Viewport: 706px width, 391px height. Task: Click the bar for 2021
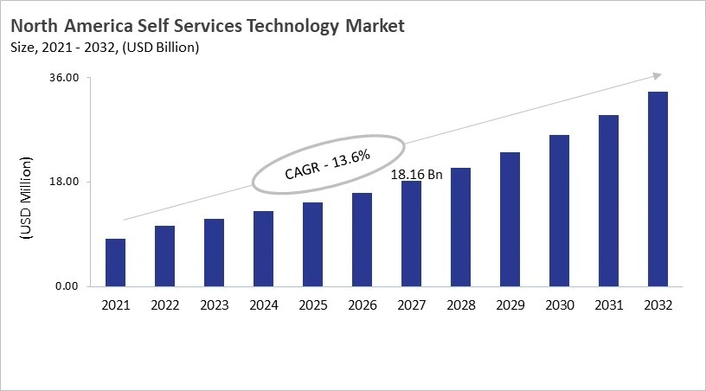[115, 262]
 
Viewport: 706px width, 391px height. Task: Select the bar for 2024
[263, 248]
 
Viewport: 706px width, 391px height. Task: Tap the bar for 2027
[411, 234]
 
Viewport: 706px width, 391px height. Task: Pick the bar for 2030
[559, 210]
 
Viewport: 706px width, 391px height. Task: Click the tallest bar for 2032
[658, 189]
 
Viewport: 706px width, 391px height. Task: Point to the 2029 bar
[510, 219]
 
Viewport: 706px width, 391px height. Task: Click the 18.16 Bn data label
[416, 175]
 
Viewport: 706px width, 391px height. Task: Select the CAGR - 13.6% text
[327, 163]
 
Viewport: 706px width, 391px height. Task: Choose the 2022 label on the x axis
[164, 305]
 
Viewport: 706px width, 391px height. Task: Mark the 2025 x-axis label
[312, 305]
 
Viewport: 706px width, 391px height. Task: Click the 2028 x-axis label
[460, 305]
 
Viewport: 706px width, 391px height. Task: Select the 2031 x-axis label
[608, 305]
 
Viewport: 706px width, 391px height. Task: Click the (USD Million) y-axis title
[25, 199]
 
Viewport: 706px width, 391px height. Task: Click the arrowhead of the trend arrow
[658, 76]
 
